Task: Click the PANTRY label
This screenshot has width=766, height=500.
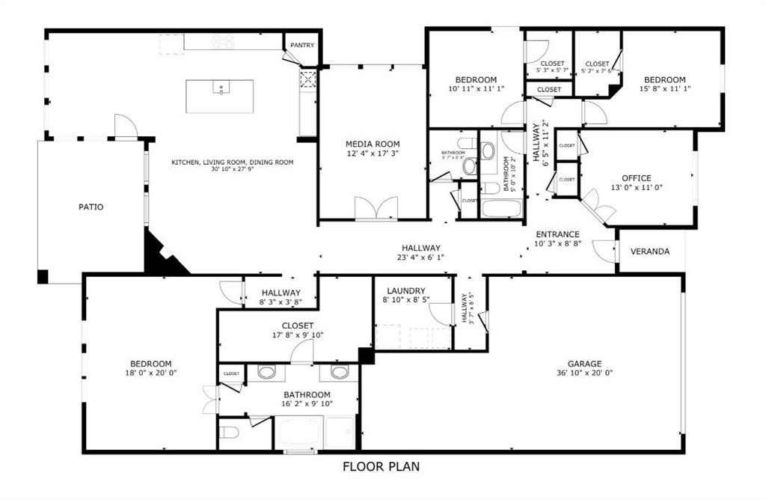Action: [x=302, y=45]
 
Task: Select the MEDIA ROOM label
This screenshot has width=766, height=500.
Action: [x=373, y=144]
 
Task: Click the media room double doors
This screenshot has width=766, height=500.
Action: [x=376, y=209]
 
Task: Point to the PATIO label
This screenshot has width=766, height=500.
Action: [x=91, y=207]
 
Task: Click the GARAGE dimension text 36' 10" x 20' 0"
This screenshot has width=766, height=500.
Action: [x=585, y=373]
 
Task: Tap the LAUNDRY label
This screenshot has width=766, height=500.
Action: [x=406, y=290]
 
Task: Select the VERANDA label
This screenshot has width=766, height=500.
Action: [x=650, y=251]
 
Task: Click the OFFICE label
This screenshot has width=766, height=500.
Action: [x=637, y=178]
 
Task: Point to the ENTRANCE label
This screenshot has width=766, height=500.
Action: [x=557, y=234]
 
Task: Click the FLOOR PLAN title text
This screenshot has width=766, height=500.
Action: [x=382, y=467]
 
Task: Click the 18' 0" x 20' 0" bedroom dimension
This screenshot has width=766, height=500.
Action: [x=150, y=373]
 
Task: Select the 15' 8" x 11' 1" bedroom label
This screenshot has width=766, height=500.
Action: [x=664, y=89]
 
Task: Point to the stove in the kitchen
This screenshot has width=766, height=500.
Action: [x=222, y=42]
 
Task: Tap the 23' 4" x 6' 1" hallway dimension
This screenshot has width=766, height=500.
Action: [x=421, y=257]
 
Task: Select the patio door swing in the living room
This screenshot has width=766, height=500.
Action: [x=125, y=126]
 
